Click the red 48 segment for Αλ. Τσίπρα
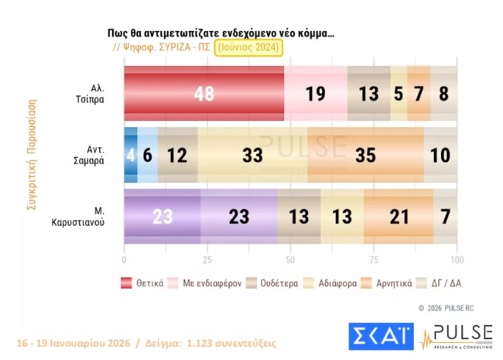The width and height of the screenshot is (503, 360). tap(204, 94)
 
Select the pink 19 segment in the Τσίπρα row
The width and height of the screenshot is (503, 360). tap(315, 94)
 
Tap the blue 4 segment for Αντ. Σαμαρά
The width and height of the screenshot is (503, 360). tap(131, 155)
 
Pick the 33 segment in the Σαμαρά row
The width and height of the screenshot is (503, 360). tap(252, 155)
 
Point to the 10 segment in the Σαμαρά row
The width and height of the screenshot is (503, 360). tap(441, 155)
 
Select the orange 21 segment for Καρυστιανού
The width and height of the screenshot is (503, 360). tap(399, 217)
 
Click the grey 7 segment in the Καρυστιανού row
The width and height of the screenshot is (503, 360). tap(446, 217)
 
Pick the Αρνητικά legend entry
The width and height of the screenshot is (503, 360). tap(387, 283)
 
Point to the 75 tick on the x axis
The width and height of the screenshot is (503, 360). tap(374, 259)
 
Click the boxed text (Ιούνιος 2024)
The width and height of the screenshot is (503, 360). tap(249, 48)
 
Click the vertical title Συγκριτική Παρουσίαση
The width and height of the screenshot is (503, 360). tap(33, 155)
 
